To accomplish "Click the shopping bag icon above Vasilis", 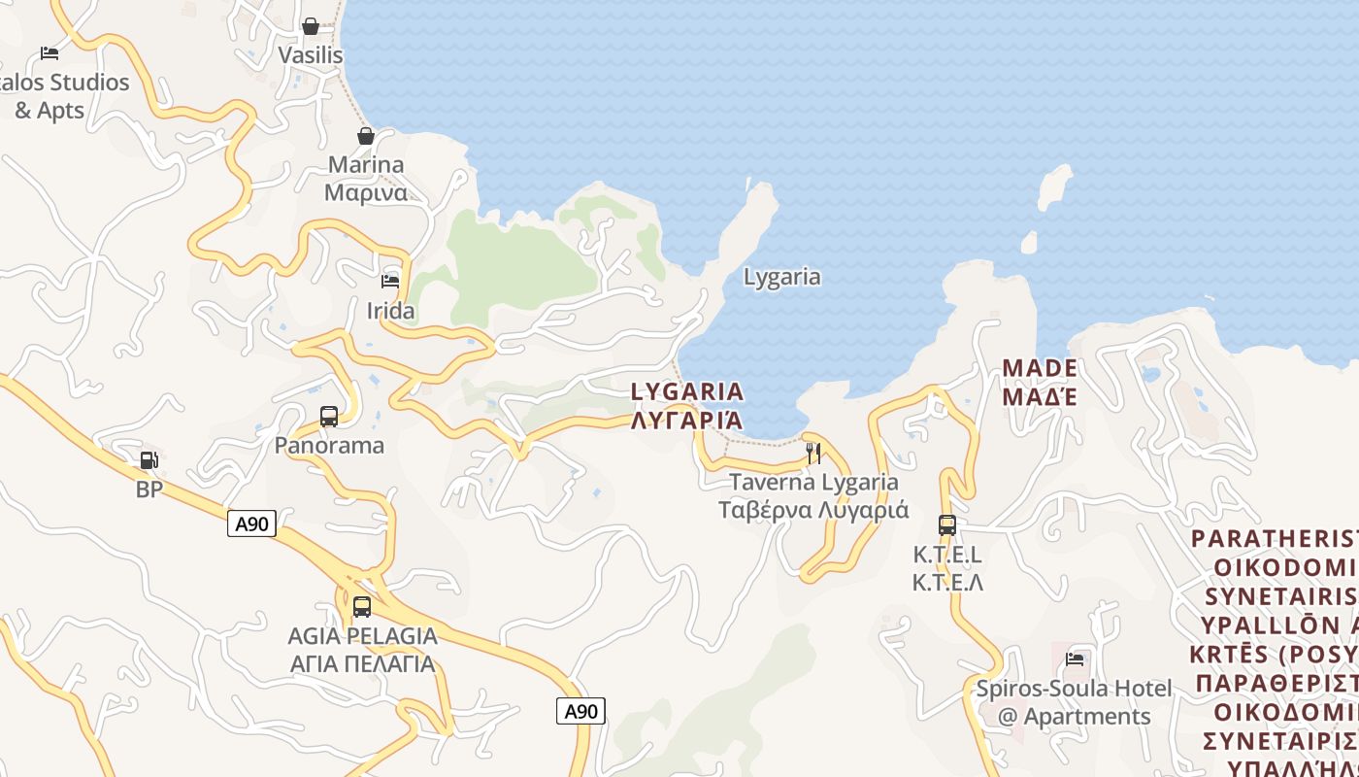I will [311, 26].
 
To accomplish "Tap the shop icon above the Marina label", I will [366, 136].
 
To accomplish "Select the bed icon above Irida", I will [390, 282].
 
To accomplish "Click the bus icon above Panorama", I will [329, 417].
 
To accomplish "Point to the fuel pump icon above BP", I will [149, 460].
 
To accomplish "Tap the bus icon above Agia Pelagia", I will [362, 607].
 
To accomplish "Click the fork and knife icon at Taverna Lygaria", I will [813, 453].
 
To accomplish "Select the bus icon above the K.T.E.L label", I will [947, 525].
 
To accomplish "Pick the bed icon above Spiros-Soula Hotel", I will [1075, 659].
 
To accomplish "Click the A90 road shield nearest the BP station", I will [252, 524].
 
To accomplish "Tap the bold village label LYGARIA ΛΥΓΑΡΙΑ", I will [687, 406].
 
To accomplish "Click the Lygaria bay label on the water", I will [781, 277].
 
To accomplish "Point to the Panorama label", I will [329, 446].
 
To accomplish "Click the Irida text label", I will [390, 311].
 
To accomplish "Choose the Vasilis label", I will [311, 55].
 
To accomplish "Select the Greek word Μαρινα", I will [366, 192].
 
